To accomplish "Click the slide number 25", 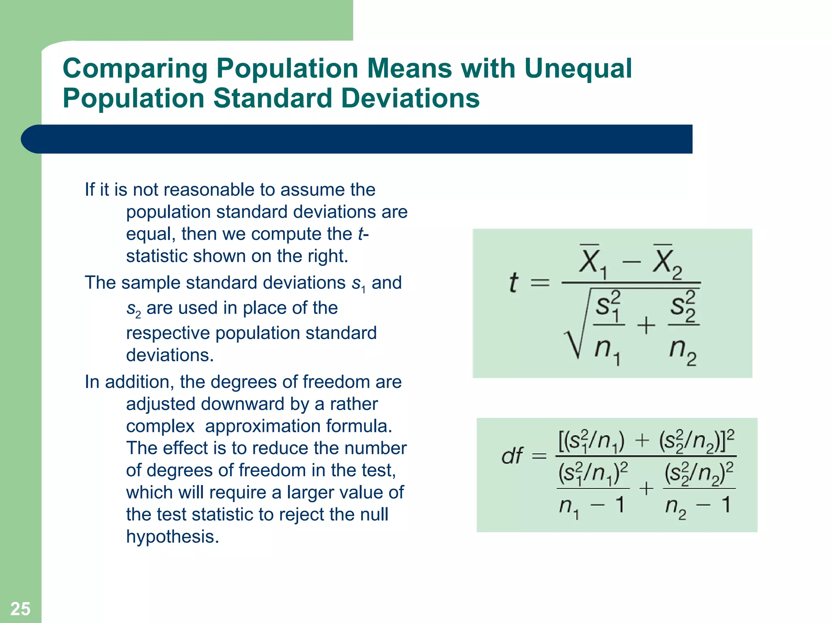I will pos(20,609).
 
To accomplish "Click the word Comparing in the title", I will pos(135,69).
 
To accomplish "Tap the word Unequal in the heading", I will pos(578,68).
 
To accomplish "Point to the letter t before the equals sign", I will pos(513,282).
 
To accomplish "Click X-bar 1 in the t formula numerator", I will pos(592,262).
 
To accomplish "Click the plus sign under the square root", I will pos(646,325).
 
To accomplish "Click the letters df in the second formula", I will pos(512,456).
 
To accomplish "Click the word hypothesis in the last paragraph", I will pos(172,537).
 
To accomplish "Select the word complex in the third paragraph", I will pos(160,426).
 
